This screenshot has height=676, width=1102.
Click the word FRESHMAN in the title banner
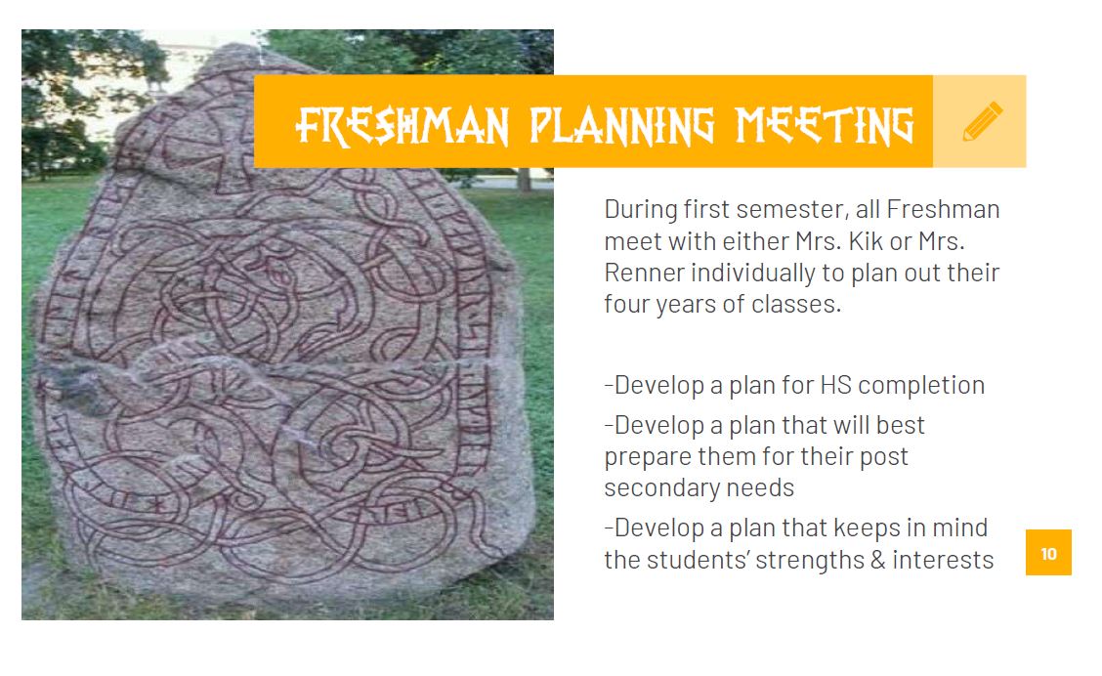tap(402, 126)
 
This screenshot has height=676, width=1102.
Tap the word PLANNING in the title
tap(621, 126)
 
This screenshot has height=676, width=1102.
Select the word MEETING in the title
tap(824, 126)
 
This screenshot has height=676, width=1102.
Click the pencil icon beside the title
tap(982, 121)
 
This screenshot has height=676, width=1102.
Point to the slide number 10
tap(1048, 554)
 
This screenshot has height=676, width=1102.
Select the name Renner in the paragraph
tap(644, 273)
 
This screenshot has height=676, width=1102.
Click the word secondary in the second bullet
tap(661, 487)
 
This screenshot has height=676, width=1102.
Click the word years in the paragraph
tap(687, 305)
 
